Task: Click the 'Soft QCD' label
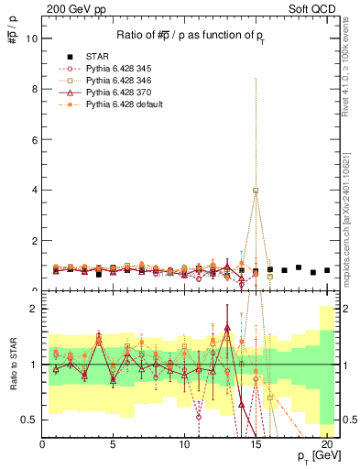[316, 6]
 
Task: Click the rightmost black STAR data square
[326, 270]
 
